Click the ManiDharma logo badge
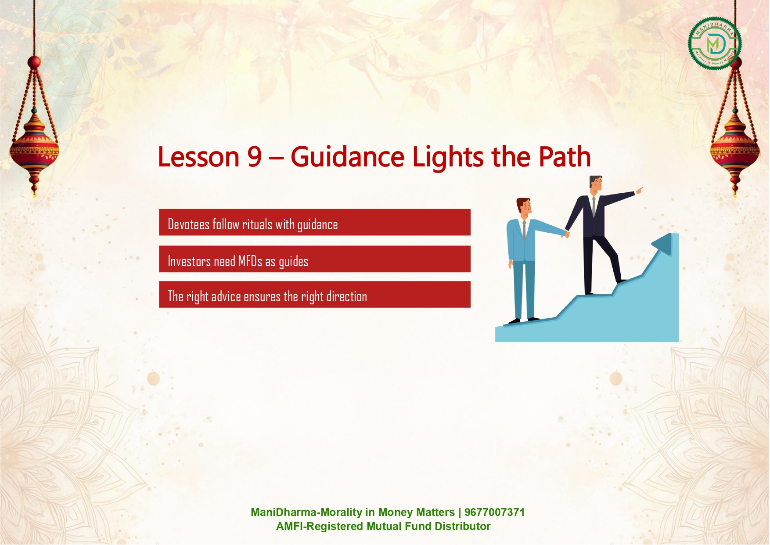point(715,43)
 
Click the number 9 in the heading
point(254,157)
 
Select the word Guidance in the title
point(347,157)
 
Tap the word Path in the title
point(565,157)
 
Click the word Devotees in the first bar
point(189,224)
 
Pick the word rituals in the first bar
point(257,224)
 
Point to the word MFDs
point(250,261)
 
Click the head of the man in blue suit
point(524,206)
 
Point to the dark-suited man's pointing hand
point(639,190)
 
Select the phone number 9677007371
point(494,513)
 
